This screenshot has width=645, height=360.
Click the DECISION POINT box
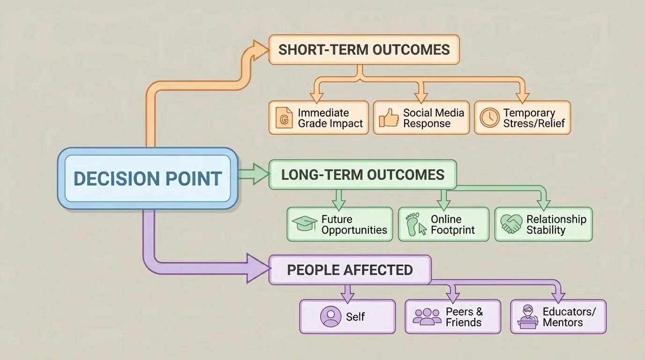tap(148, 179)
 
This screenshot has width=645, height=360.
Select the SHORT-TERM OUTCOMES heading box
tap(364, 50)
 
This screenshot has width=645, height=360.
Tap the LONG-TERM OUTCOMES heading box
tap(362, 175)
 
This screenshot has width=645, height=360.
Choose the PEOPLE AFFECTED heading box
tap(350, 270)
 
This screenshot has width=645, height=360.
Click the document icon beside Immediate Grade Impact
tap(283, 118)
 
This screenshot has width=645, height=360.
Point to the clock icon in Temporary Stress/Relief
tap(489, 118)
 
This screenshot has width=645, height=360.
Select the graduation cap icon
tap(304, 224)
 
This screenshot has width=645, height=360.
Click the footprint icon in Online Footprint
tap(414, 224)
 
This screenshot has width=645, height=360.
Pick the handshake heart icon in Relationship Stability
tap(511, 224)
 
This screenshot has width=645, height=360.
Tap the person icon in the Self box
tap(330, 317)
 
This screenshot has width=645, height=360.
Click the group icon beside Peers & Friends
tap(427, 317)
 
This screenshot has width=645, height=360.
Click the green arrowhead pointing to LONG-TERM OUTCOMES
tap(260, 174)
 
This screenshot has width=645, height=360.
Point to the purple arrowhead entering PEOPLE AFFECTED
tap(258, 269)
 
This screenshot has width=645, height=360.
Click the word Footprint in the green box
tap(453, 230)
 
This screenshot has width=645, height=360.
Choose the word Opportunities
tap(354, 230)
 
